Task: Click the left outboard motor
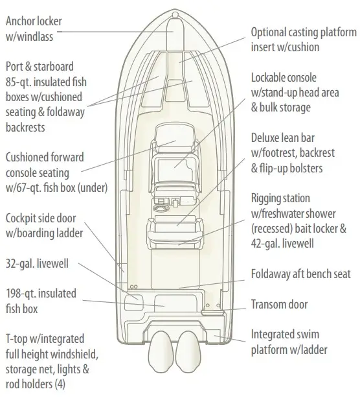(x=161, y=352)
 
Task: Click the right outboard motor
(x=188, y=352)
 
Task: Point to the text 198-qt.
(x=21, y=294)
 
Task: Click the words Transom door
(x=279, y=305)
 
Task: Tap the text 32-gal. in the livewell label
(x=19, y=263)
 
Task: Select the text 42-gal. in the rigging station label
(x=265, y=244)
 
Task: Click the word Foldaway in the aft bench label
(x=271, y=274)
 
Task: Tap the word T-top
(x=16, y=339)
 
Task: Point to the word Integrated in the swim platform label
(x=273, y=334)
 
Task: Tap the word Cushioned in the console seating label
(x=27, y=158)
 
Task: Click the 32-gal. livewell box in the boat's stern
(x=134, y=301)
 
